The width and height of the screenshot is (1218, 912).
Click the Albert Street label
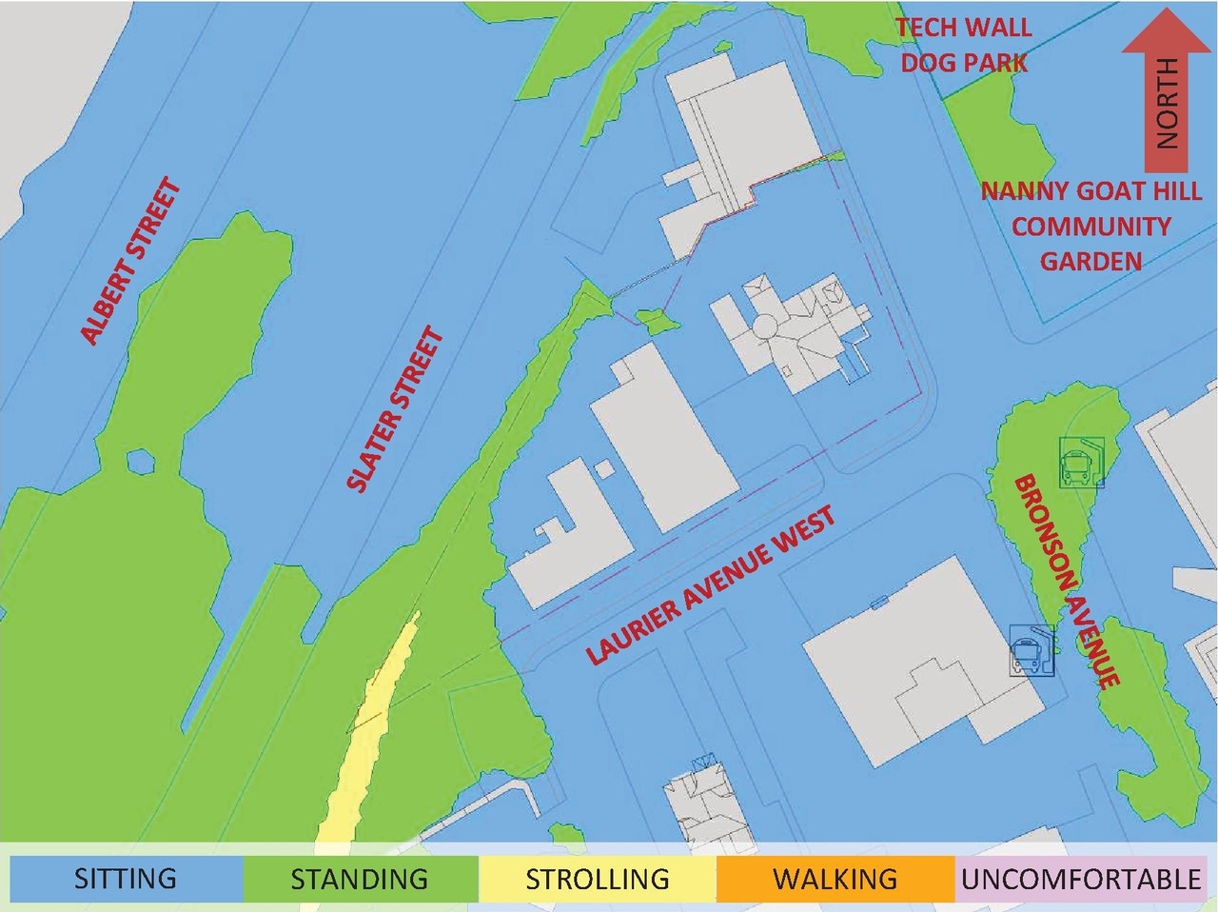(130, 262)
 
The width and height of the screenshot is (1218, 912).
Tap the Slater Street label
(395, 409)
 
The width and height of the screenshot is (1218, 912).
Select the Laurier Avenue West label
(710, 585)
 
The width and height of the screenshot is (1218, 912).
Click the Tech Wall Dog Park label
(964, 45)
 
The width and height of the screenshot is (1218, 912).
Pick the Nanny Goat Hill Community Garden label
(1091, 226)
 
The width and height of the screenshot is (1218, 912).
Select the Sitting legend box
(126, 878)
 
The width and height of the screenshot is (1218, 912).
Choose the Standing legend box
(360, 878)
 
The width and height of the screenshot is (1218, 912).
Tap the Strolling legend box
(597, 878)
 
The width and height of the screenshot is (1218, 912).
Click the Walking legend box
(835, 878)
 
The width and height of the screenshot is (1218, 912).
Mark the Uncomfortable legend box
(1080, 878)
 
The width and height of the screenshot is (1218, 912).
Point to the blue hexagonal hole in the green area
(141, 463)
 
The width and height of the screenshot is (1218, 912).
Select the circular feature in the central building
(765, 326)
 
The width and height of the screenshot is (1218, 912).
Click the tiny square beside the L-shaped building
(603, 468)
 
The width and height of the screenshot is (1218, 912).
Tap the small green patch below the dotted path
(655, 321)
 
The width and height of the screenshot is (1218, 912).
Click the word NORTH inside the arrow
(1167, 103)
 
